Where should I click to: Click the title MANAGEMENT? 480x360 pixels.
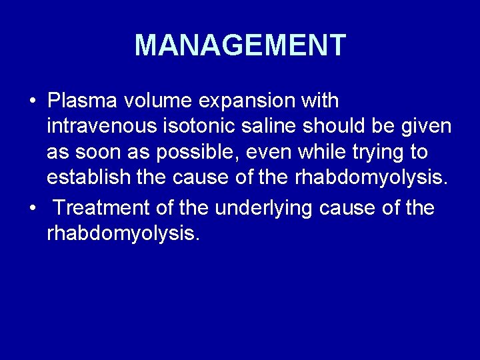240,45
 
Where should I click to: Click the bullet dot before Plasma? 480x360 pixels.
33,102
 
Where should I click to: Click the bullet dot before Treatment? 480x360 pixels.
33,209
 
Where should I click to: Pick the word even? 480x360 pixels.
271,153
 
